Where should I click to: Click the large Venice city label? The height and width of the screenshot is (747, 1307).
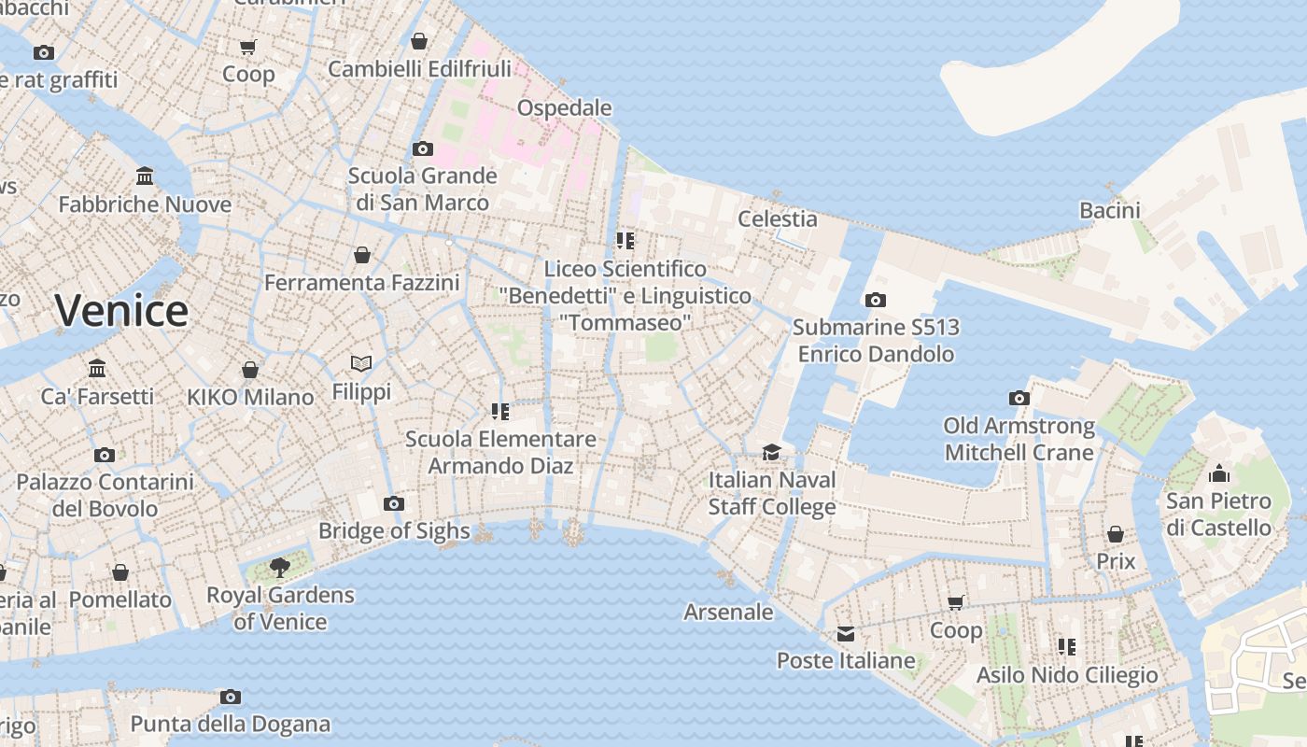(x=121, y=310)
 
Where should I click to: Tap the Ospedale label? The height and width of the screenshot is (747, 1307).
(x=564, y=107)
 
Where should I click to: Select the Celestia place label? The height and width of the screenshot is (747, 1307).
(x=777, y=218)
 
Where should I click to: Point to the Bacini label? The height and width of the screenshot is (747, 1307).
(x=1110, y=210)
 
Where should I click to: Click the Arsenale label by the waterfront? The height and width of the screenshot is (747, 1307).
(x=728, y=612)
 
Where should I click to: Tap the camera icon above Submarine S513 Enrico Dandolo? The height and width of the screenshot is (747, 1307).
(x=875, y=300)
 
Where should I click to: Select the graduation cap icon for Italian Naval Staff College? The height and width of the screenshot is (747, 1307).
(x=771, y=453)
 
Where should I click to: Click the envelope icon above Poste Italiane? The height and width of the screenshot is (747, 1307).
(x=846, y=634)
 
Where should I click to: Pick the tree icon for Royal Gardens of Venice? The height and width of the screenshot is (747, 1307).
(x=279, y=567)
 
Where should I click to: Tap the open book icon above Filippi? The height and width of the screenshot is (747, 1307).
(x=361, y=363)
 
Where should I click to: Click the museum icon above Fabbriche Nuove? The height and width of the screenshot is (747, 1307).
(x=145, y=176)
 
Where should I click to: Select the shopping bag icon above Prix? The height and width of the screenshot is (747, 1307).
(x=1115, y=534)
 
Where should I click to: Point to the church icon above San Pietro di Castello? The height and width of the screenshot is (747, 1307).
(x=1218, y=473)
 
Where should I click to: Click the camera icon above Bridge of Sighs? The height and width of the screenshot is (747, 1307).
(x=394, y=504)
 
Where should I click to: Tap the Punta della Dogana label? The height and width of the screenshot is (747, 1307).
(x=230, y=724)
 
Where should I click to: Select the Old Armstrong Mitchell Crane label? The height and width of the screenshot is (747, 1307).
(x=1019, y=439)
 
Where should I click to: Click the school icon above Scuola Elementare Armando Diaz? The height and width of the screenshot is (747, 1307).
(x=499, y=411)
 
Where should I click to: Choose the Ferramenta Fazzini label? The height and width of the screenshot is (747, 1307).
(x=361, y=282)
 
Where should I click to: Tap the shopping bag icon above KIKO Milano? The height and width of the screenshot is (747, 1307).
(x=250, y=370)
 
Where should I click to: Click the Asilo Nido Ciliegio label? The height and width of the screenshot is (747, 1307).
(x=1066, y=674)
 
